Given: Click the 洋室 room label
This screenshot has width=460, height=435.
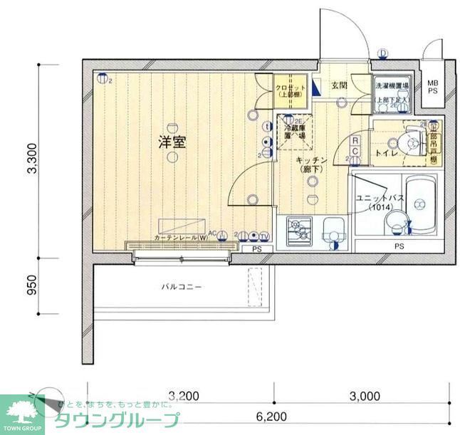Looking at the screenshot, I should click(172, 142).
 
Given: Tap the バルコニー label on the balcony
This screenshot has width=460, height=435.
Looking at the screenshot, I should click(182, 287).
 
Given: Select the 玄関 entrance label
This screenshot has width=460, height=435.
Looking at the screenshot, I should click(338, 85).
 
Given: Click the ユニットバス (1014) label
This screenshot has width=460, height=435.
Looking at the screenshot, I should click(371, 201).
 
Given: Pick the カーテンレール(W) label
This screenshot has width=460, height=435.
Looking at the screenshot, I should click(179, 237).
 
